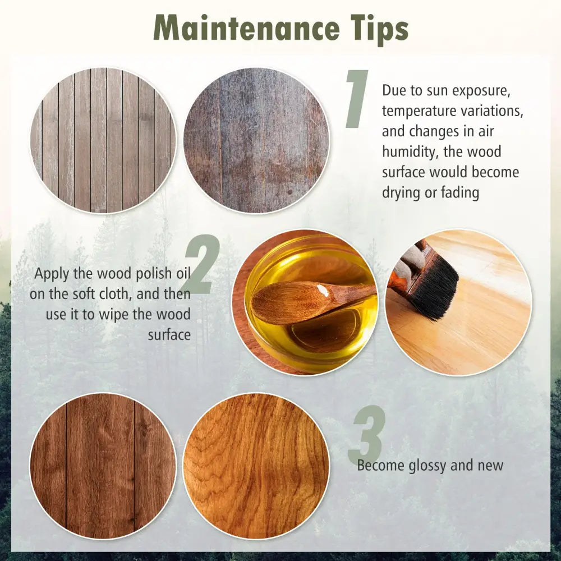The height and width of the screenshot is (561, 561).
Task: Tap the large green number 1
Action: click(x=357, y=99)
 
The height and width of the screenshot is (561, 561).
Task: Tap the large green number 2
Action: click(x=201, y=264)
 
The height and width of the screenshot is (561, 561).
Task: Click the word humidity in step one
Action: click(x=410, y=152)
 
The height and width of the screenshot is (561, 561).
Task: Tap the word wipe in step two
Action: click(x=114, y=315)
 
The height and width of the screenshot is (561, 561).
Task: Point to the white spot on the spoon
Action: click(x=323, y=290)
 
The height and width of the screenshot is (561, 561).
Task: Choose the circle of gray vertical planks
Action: click(x=103, y=140)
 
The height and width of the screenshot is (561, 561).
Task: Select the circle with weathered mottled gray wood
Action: click(x=256, y=140)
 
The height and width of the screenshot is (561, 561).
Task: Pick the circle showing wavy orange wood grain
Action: click(x=256, y=466)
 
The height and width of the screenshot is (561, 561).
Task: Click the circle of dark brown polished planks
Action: click(x=103, y=466)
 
